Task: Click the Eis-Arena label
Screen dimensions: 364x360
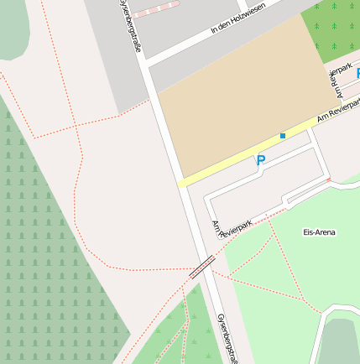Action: [319, 231]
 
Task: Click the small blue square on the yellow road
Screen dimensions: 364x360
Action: [283, 135]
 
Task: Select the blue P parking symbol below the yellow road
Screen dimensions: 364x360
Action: [260, 160]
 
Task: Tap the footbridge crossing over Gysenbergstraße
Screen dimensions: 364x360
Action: [201, 267]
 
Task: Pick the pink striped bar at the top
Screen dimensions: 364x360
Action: [155, 10]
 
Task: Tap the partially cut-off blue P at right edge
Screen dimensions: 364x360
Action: [357, 74]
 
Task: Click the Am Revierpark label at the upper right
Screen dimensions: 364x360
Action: [341, 79]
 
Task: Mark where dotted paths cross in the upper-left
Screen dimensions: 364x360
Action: [76, 127]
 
